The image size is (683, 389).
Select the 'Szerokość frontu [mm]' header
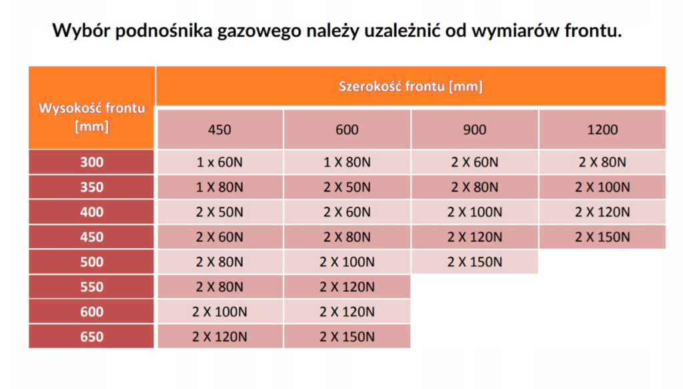point(410,86)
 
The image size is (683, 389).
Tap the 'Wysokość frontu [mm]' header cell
point(92,117)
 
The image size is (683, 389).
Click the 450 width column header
point(219,129)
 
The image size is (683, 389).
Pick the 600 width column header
point(347,129)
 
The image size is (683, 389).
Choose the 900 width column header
point(474,129)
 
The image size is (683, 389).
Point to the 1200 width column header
point(602,129)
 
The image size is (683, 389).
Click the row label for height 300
point(92,162)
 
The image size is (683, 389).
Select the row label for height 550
point(92,287)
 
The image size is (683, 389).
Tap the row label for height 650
point(92,337)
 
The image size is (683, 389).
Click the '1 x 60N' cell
point(219,162)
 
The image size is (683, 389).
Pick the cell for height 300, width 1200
point(602,162)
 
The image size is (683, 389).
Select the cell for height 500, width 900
point(474,262)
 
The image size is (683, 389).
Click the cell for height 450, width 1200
point(602,237)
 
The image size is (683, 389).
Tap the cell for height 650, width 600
point(347,337)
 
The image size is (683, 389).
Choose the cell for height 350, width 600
point(347,187)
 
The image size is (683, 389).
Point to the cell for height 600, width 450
point(219,312)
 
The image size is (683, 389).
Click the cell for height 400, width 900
point(474,212)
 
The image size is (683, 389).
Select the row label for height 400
point(92,212)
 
